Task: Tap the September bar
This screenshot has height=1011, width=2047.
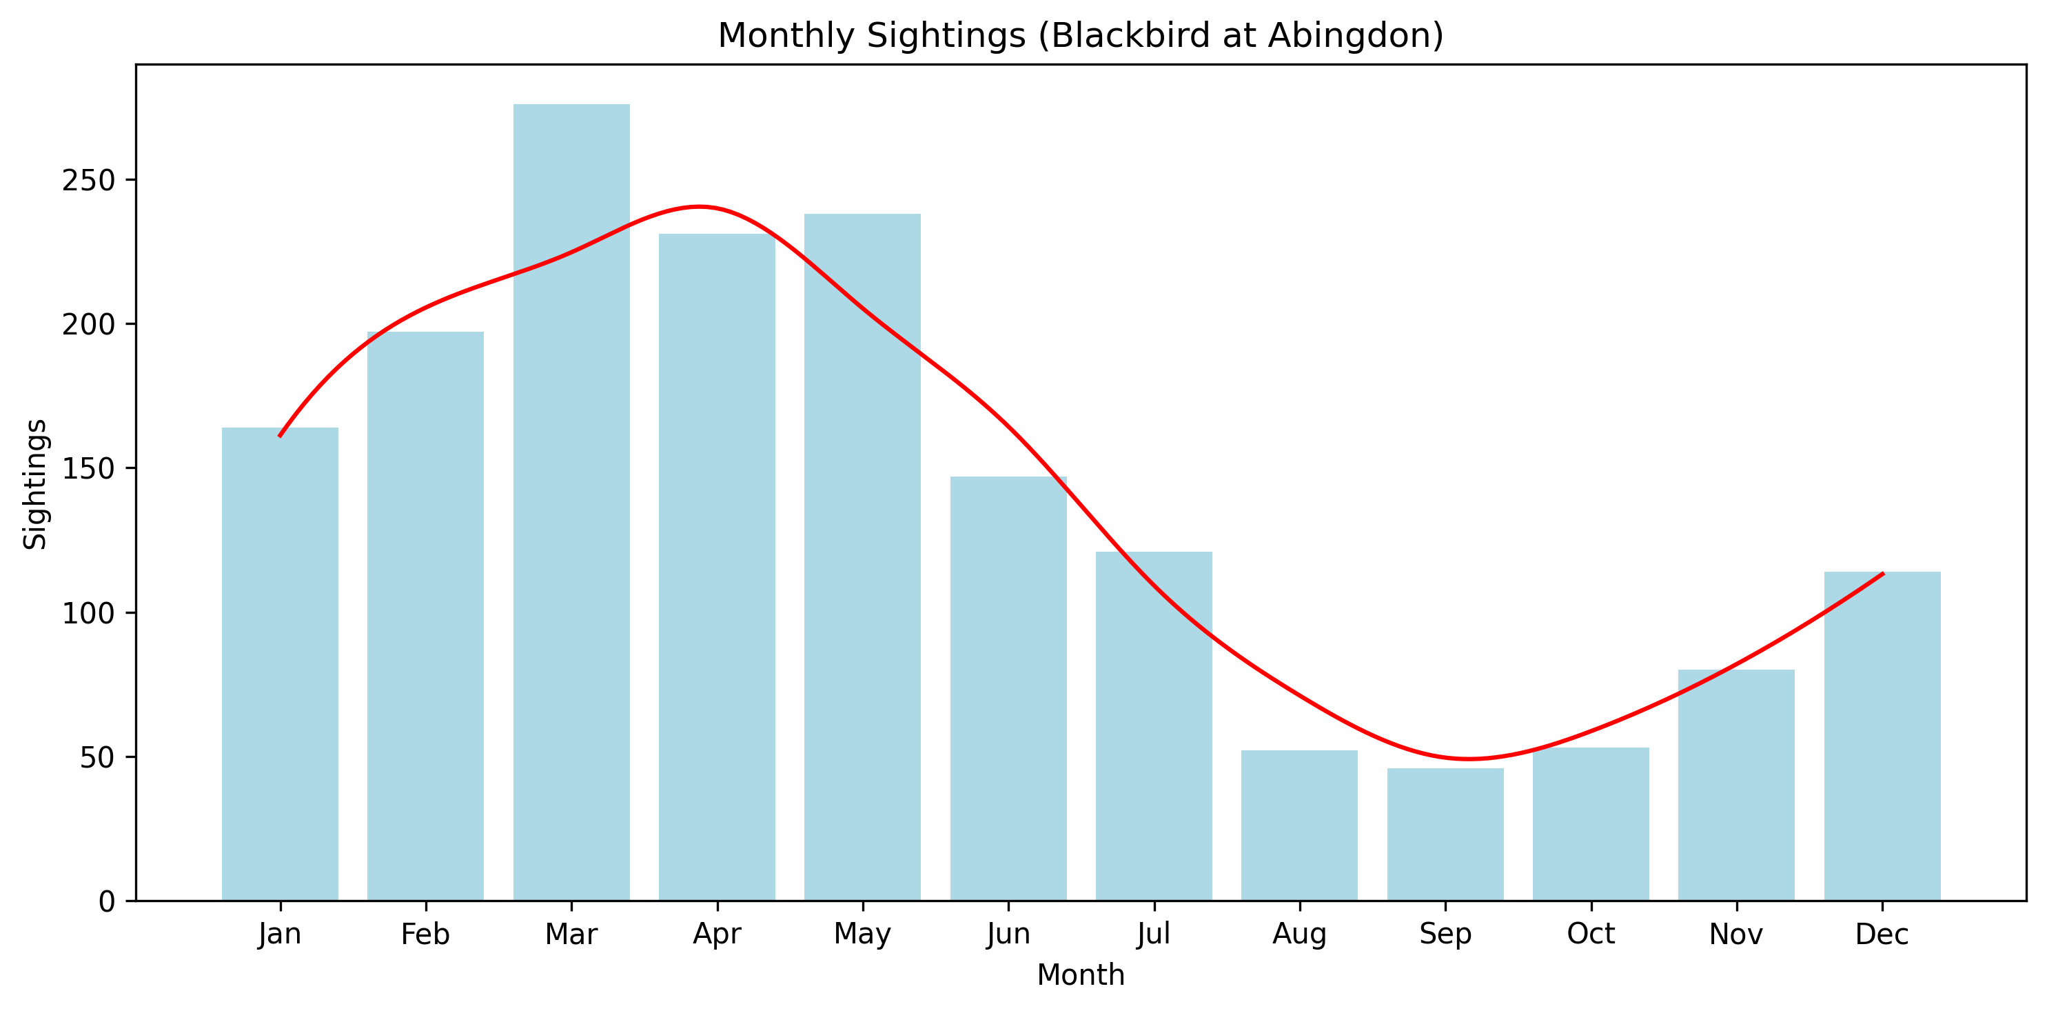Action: pos(1445,834)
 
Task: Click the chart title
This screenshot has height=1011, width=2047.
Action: pos(1081,36)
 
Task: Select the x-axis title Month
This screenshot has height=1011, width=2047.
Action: pos(1081,974)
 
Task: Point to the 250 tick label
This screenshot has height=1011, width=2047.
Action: pos(88,181)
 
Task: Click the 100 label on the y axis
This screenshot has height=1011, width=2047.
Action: pos(88,613)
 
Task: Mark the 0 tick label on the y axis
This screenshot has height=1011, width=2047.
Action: pos(106,901)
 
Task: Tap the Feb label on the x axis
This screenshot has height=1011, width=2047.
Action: pos(425,934)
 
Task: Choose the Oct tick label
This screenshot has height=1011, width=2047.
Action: pos(1591,934)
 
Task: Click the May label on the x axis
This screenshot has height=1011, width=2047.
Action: pos(862,934)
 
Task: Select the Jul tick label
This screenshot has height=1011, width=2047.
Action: pos(1154,934)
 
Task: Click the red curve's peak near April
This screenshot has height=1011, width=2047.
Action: pos(698,207)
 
